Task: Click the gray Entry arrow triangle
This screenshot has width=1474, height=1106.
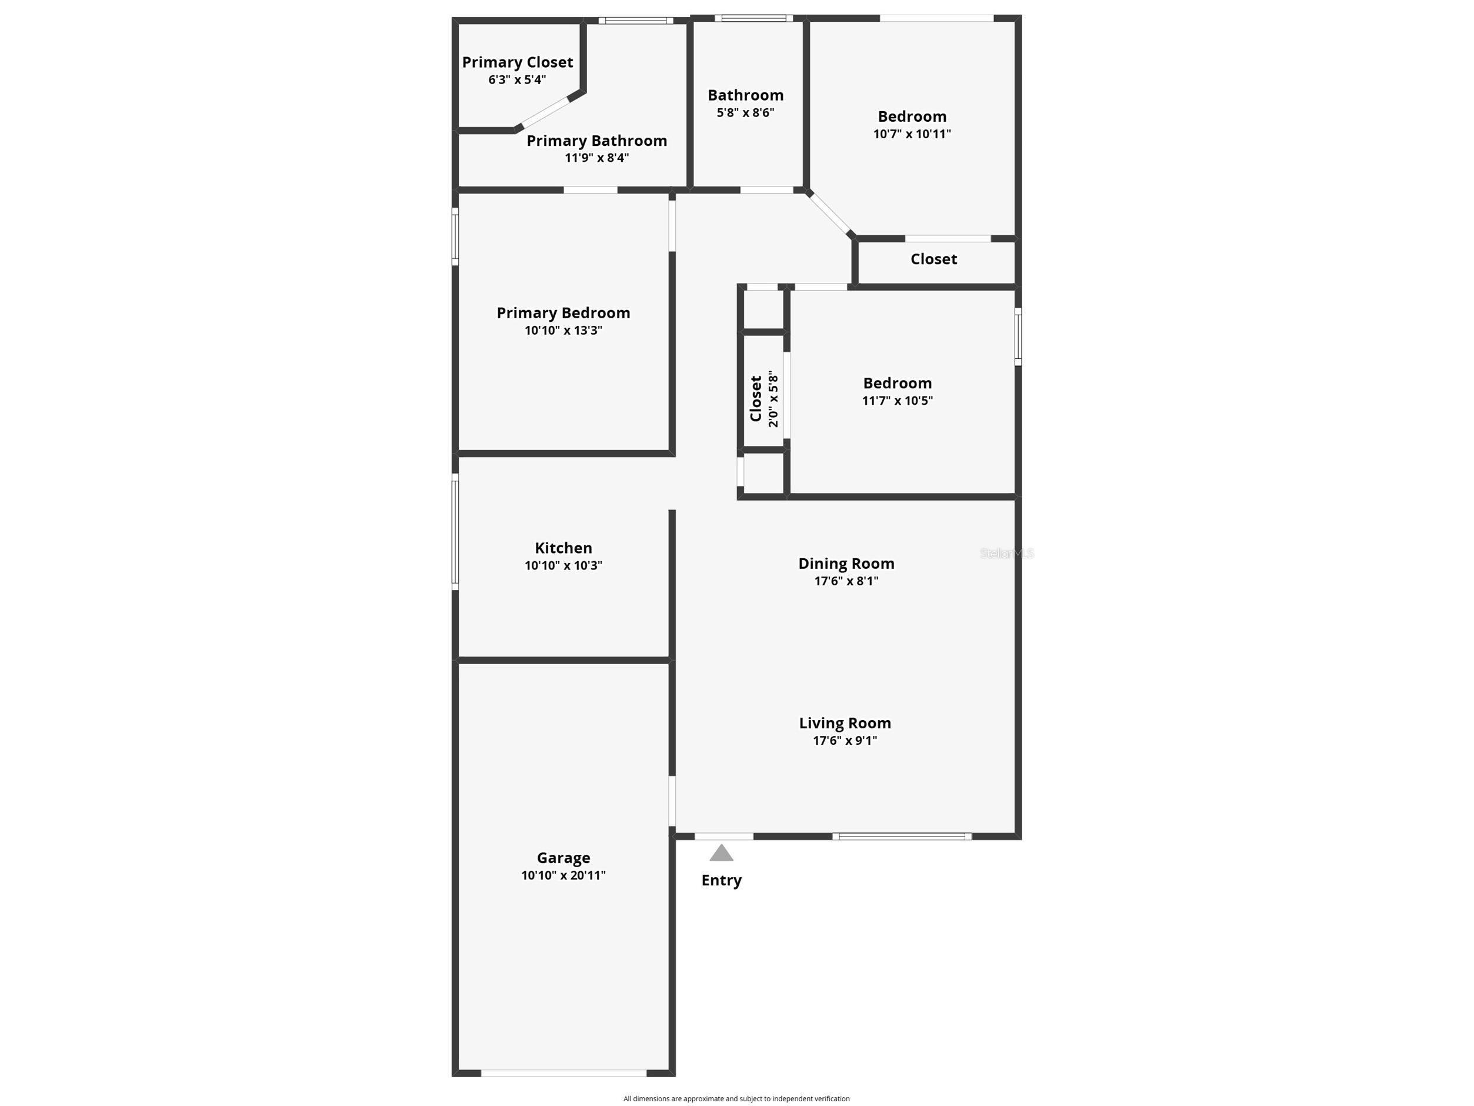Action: click(721, 854)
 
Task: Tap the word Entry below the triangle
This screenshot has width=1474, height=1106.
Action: click(721, 880)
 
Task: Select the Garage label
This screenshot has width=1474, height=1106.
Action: click(563, 858)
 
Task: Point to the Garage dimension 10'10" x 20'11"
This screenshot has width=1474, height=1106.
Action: click(563, 875)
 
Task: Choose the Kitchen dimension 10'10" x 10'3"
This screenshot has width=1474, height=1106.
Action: click(563, 565)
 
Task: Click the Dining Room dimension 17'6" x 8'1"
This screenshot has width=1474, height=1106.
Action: click(846, 581)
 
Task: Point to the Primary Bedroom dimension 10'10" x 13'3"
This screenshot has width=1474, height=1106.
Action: click(563, 330)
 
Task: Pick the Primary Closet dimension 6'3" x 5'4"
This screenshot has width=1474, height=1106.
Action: click(517, 80)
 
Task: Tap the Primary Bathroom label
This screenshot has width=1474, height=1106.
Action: click(596, 141)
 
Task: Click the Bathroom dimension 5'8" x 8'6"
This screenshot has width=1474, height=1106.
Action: click(745, 113)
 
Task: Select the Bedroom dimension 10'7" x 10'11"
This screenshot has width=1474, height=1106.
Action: click(912, 134)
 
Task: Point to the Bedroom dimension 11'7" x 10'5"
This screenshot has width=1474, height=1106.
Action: click(897, 401)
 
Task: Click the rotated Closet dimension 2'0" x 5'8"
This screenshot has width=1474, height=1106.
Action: click(773, 399)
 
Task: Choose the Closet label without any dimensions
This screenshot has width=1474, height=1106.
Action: click(933, 259)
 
